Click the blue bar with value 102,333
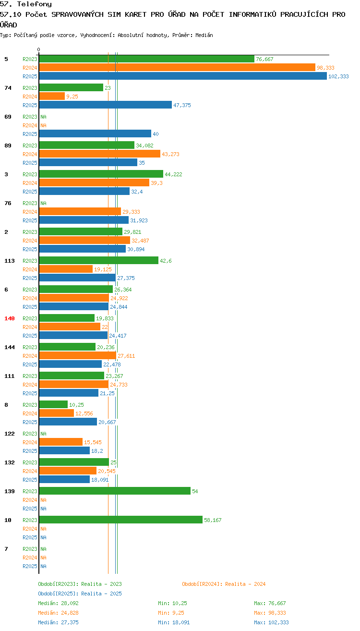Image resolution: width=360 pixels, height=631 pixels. (x=183, y=76)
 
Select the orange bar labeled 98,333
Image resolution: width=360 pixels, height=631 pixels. (x=177, y=67)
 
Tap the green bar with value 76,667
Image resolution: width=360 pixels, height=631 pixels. (x=147, y=59)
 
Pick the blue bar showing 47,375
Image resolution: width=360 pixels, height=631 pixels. (x=105, y=105)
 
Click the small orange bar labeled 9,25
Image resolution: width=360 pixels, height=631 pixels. (x=52, y=97)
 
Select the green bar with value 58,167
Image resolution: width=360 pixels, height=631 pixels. (x=121, y=520)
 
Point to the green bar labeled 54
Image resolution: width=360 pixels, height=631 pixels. (x=115, y=491)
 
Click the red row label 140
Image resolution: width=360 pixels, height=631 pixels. (x=9, y=318)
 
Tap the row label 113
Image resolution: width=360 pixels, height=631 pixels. (x=9, y=261)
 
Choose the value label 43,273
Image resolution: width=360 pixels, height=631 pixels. (x=170, y=154)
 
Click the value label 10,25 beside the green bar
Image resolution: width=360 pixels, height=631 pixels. (x=76, y=405)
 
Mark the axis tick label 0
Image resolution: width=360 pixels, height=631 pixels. (x=38, y=49)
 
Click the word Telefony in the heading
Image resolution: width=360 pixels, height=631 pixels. (x=35, y=4)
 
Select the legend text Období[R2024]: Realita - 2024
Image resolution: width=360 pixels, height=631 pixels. (x=224, y=584)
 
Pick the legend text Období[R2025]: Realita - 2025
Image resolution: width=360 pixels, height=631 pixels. (x=80, y=594)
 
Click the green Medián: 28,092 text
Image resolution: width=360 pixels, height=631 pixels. (x=58, y=603)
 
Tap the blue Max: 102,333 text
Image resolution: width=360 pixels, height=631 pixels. (x=271, y=622)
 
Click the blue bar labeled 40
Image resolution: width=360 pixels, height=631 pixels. (x=95, y=133)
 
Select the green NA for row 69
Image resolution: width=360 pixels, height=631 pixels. (x=43, y=117)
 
